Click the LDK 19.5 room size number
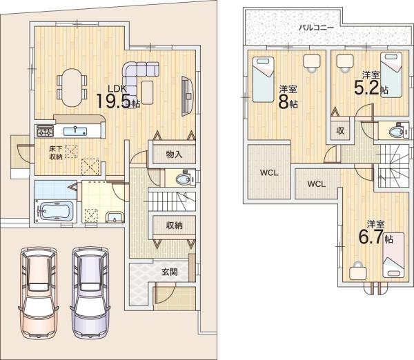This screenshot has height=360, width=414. [114, 101]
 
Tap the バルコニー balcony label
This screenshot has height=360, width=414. [316, 28]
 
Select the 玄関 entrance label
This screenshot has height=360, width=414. [170, 272]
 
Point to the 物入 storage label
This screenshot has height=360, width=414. [175, 154]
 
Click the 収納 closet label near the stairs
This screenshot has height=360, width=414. [175, 226]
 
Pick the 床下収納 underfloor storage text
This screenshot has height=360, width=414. [56, 152]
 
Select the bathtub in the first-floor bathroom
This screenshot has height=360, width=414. [55, 210]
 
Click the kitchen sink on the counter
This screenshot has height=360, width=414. [75, 130]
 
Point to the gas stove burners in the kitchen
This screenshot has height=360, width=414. [45, 130]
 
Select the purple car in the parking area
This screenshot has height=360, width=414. [90, 292]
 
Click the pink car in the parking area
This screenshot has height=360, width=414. [38, 292]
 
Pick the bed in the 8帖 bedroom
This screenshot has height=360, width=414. [263, 79]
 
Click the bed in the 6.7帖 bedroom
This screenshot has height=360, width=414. [393, 255]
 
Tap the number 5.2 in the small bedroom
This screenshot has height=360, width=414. [366, 88]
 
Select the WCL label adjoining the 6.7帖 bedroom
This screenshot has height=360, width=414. [317, 184]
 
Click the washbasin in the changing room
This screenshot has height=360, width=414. [115, 217]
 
